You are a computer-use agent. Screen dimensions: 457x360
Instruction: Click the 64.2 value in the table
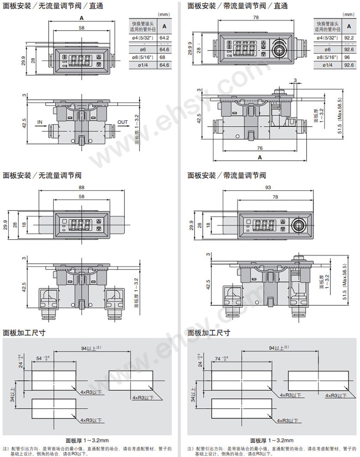coord(164,38)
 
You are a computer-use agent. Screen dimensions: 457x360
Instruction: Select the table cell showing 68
coord(164,57)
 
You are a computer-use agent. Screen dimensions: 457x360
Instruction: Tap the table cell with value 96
coord(350,57)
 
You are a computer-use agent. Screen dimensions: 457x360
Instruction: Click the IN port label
coord(40,122)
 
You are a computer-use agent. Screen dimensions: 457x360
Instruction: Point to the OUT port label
coord(123,122)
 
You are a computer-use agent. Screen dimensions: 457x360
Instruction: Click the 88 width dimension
coord(82,188)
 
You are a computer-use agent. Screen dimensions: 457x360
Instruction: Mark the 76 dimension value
coord(259,148)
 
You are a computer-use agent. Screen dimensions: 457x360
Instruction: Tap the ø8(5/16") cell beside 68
coord(143,57)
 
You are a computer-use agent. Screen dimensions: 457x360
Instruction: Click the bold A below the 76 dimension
coord(259,157)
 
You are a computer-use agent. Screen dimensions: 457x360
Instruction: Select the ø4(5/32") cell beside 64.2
coord(143,38)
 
